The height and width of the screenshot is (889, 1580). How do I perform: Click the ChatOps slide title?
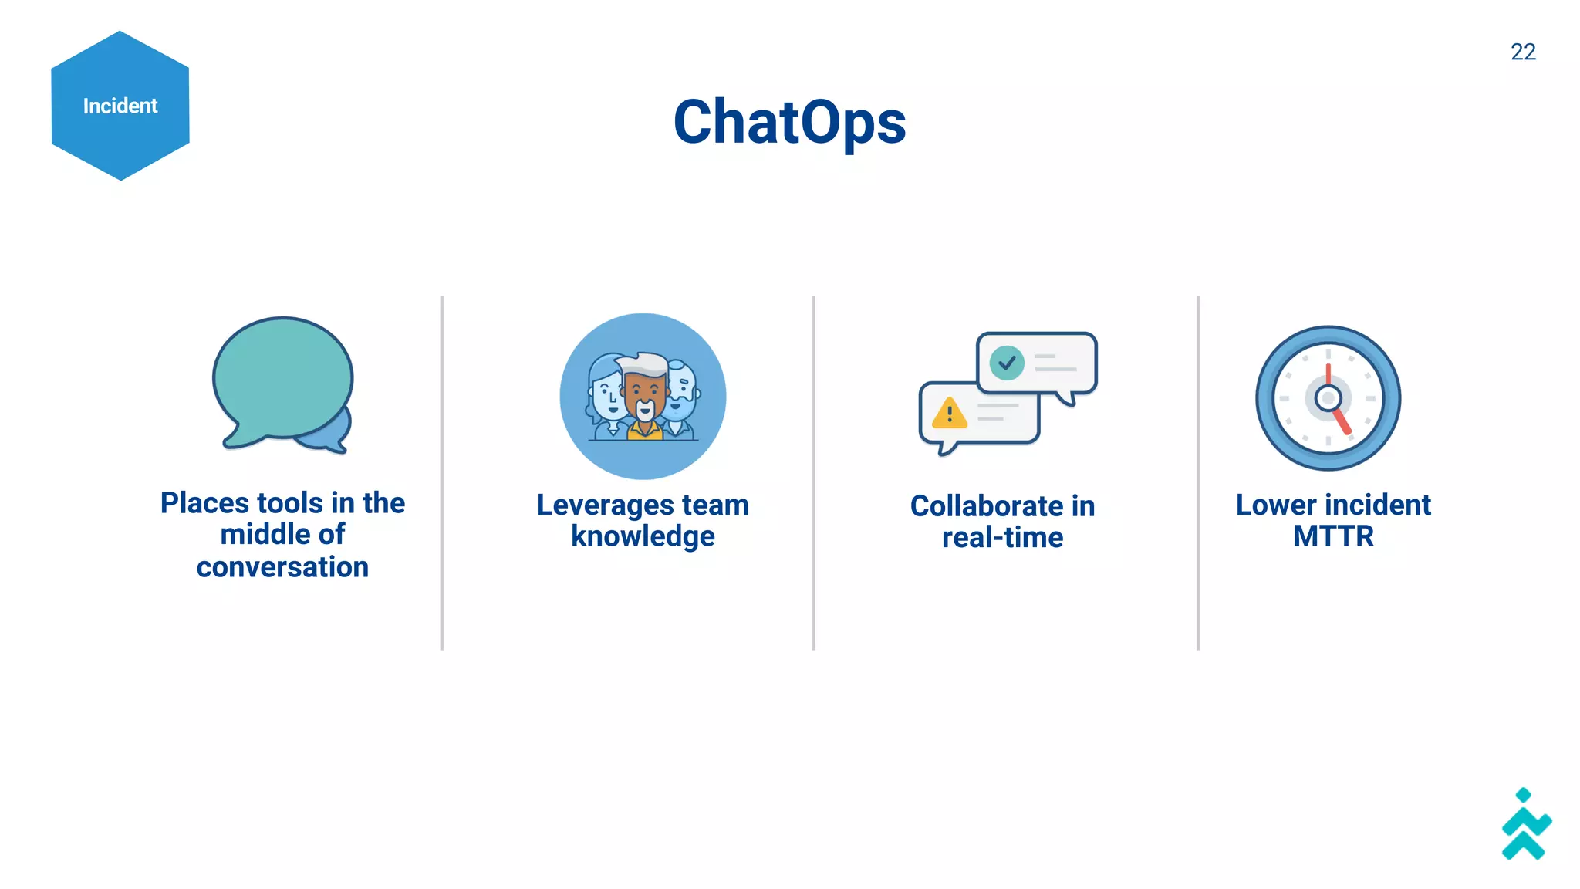coord(789,122)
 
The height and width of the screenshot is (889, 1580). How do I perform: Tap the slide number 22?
coord(1523,52)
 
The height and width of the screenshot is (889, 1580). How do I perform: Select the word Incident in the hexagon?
coord(120,106)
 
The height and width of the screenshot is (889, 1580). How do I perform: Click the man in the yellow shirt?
coord(644,397)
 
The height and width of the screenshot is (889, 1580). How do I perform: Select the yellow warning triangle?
coord(949,414)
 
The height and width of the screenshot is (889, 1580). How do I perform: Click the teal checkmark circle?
coord(1007,362)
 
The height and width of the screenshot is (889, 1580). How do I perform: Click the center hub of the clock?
coord(1328,398)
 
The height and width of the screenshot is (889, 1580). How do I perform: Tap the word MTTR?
coord(1333,536)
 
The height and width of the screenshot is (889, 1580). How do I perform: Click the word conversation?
coord(282,567)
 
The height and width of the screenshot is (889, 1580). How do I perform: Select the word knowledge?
coord(643,536)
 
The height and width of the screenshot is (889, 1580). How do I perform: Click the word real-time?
coord(1002,538)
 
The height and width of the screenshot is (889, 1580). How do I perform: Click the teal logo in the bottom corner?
coord(1525,826)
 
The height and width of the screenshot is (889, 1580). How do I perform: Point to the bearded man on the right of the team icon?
coord(680,394)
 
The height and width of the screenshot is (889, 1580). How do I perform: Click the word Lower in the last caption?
coord(1275,505)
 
